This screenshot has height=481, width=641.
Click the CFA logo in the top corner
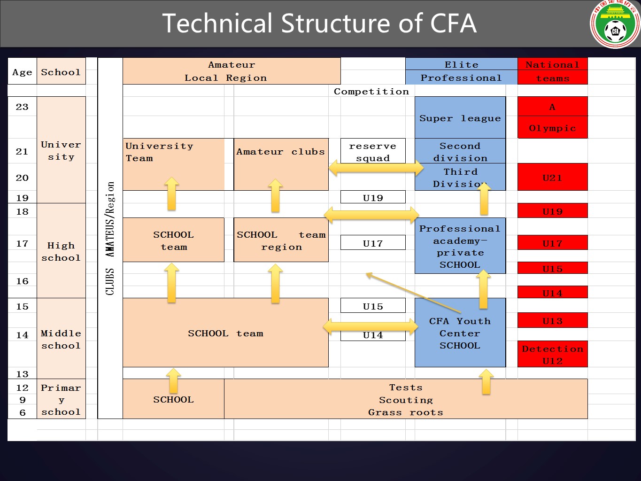pos(615,25)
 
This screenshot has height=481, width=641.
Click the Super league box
pos(460,117)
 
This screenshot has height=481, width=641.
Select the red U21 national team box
pos(552,177)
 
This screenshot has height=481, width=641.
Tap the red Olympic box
pos(552,128)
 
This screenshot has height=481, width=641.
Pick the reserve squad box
pos(373,151)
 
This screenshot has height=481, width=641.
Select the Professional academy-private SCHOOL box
pos(460,246)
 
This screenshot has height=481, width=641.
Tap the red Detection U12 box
pos(552,354)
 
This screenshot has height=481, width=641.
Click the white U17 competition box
pos(373,243)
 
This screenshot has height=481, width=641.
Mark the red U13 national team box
pos(552,320)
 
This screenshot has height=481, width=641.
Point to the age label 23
pos(22,107)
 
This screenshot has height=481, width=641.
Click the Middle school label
pos(61,339)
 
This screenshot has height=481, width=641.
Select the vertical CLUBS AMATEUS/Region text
pos(110,238)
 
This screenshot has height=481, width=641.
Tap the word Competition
pos(371,91)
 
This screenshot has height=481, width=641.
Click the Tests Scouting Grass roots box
pos(406,399)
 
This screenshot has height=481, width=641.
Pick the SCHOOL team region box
pos(281,240)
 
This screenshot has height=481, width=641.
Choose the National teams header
pos(552,71)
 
